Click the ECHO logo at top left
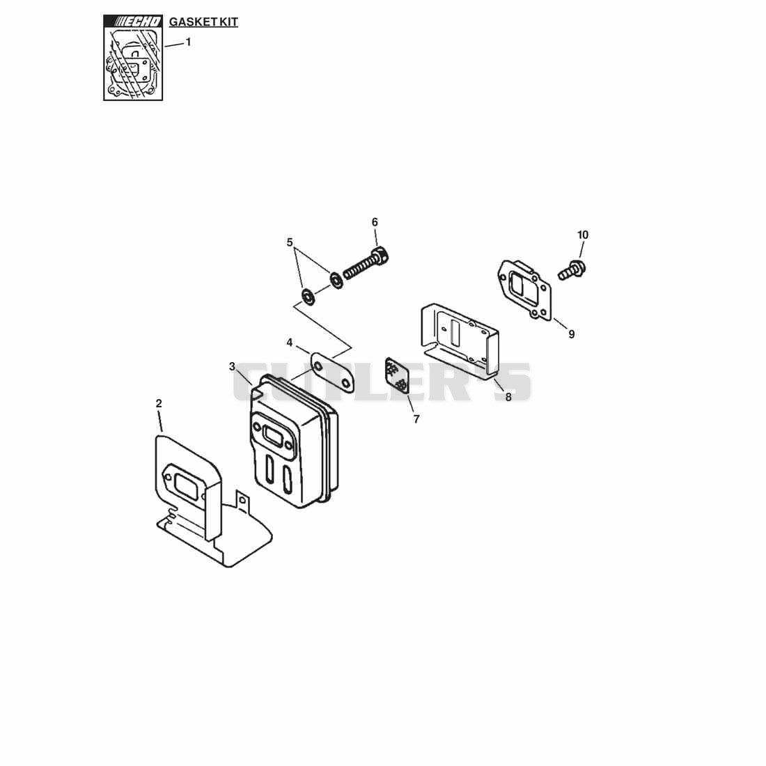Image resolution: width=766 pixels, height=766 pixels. (133, 21)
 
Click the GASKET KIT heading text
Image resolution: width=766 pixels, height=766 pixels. (203, 22)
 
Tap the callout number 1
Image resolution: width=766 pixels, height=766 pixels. (188, 42)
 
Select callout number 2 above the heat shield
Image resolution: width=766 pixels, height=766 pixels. (159, 403)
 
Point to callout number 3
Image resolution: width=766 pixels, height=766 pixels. (232, 366)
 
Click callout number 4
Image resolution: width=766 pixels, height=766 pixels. (289, 343)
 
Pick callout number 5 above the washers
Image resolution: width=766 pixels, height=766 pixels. (290, 242)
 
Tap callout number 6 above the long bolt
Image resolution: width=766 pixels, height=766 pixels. (375, 222)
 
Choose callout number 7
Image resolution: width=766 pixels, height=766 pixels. (416, 419)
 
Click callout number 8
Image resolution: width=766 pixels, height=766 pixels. (508, 398)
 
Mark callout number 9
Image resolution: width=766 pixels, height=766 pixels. (571, 334)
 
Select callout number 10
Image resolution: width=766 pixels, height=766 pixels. (583, 235)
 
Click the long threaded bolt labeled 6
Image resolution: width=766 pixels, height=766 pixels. (366, 265)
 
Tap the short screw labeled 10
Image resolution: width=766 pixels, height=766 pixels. (572, 270)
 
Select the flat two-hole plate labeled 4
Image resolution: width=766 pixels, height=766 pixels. (332, 372)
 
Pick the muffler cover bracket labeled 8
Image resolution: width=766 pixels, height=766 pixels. (459, 341)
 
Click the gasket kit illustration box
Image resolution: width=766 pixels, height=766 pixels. (133, 58)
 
